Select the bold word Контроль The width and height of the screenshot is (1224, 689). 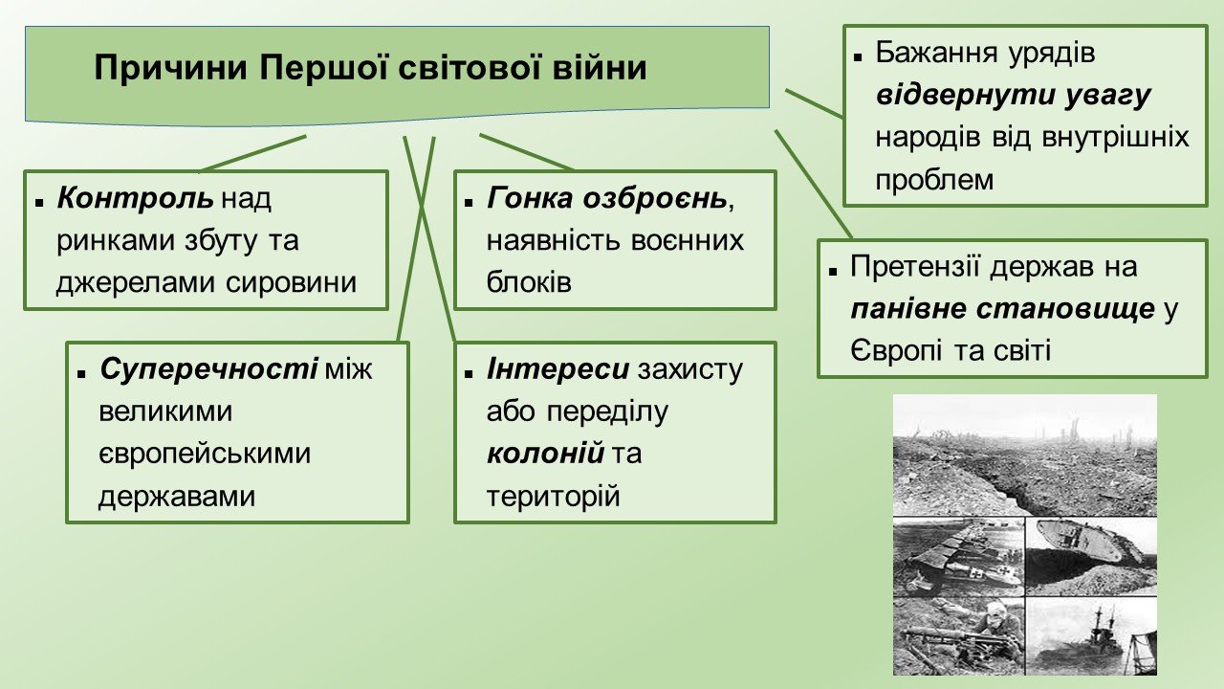point(135,198)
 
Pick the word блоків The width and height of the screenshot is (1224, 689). point(529,282)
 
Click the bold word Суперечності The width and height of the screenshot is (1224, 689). point(208,369)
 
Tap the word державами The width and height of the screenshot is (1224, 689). point(177,497)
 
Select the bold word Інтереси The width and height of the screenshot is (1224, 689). point(557,369)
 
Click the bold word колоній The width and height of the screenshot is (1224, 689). point(545,454)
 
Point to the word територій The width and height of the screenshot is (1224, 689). point(553,497)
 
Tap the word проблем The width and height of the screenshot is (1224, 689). point(934,180)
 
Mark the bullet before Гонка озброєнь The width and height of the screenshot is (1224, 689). point(469,203)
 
